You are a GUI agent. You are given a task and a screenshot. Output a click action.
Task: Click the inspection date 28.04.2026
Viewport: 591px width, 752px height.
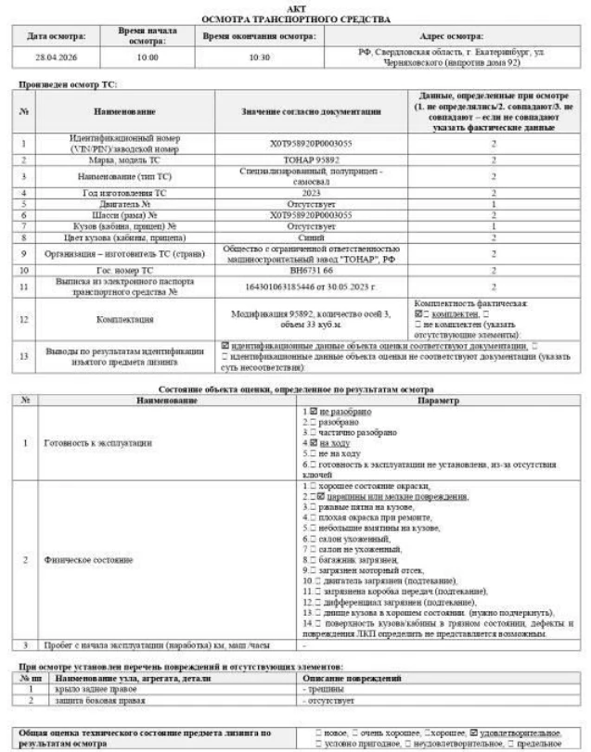click(57, 57)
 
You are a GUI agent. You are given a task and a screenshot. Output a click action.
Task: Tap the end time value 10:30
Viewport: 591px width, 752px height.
click(259, 57)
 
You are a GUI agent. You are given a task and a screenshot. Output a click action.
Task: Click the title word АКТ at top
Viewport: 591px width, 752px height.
click(295, 6)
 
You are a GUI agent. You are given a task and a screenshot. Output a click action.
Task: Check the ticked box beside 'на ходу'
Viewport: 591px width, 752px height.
click(314, 443)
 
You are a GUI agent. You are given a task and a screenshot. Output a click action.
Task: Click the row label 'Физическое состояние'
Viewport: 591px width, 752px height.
click(79, 560)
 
